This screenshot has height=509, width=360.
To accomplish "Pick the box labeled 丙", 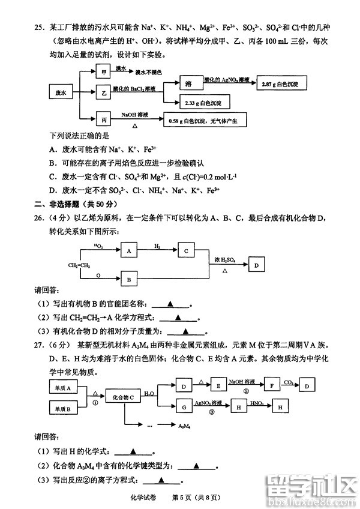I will tap(104, 118).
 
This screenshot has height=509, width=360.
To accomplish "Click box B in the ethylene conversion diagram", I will tap(128, 279).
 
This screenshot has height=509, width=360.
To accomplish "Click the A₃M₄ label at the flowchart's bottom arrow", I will tap(185, 426).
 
